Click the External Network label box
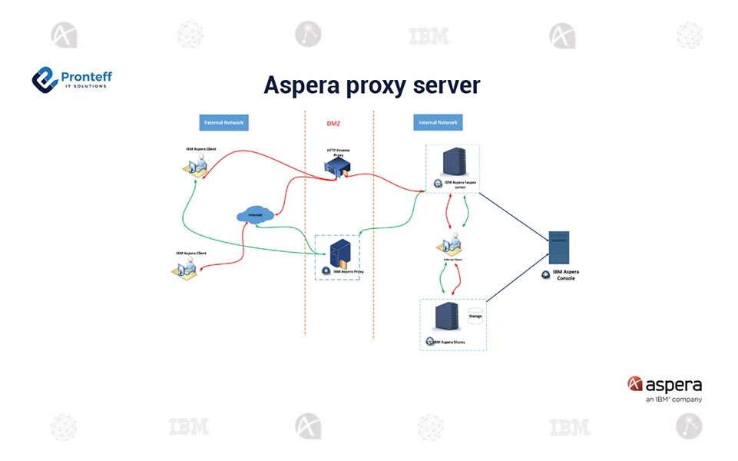pyautogui.click(x=223, y=122)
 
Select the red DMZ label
pyautogui.click(x=333, y=123)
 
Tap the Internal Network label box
pyautogui.click(x=438, y=122)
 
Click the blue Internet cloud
pyautogui.click(x=255, y=214)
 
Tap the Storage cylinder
pyautogui.click(x=475, y=315)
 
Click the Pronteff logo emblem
pyautogui.click(x=45, y=78)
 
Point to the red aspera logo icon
pyautogui.click(x=634, y=383)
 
